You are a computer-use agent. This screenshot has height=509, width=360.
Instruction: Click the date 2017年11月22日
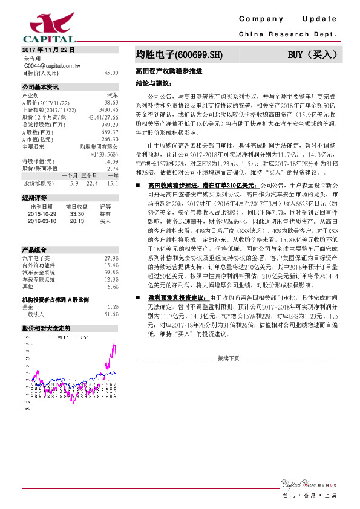[x=47, y=49]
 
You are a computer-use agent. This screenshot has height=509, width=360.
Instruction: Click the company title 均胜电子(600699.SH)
[x=179, y=54]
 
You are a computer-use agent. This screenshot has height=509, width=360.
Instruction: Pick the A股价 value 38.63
[x=111, y=103]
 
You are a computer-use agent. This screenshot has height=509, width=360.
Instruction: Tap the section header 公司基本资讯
[x=40, y=87]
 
